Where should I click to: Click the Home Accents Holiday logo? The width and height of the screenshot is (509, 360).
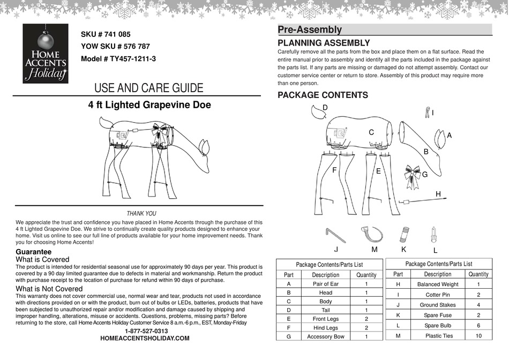[x=46, y=54]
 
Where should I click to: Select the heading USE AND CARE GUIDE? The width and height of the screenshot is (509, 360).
[x=148, y=88]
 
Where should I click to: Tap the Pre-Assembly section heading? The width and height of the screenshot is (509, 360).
[x=310, y=30]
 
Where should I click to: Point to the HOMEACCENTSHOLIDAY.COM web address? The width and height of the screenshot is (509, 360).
[x=145, y=339]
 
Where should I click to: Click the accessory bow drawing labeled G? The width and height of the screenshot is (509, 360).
[x=412, y=172]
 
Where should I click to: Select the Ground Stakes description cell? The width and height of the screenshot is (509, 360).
[x=437, y=304]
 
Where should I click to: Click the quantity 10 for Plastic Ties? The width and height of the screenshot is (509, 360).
[x=478, y=335]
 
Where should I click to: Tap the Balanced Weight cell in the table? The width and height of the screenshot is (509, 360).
[x=438, y=284]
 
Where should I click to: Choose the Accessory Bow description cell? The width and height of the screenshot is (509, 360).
[x=325, y=337]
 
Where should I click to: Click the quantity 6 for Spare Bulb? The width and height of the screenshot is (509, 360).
[x=478, y=325]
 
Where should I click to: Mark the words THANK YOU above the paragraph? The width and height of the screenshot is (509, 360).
[x=141, y=214]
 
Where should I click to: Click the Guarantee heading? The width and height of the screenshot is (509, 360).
[x=34, y=252]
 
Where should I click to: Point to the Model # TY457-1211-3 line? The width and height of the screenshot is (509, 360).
[x=118, y=59]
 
